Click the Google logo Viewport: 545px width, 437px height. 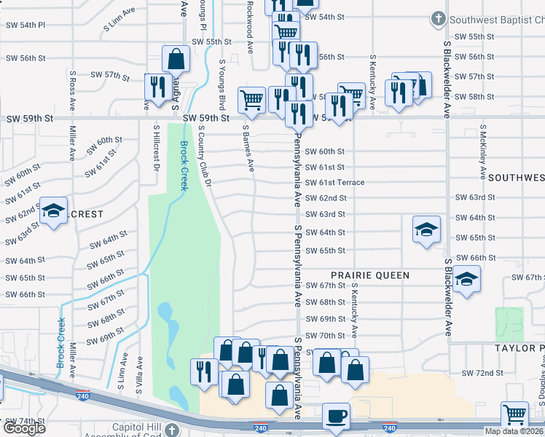click(x=24, y=428)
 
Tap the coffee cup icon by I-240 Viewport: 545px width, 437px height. click(x=336, y=417)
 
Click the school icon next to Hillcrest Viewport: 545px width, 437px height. click(x=53, y=211)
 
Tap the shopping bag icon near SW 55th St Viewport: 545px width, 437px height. click(x=176, y=59)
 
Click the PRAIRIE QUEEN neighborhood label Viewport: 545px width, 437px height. click(x=370, y=275)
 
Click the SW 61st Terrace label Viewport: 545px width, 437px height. click(x=345, y=182)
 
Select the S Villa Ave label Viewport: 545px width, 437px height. click(x=138, y=373)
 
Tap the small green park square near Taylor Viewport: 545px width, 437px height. click(x=509, y=323)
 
